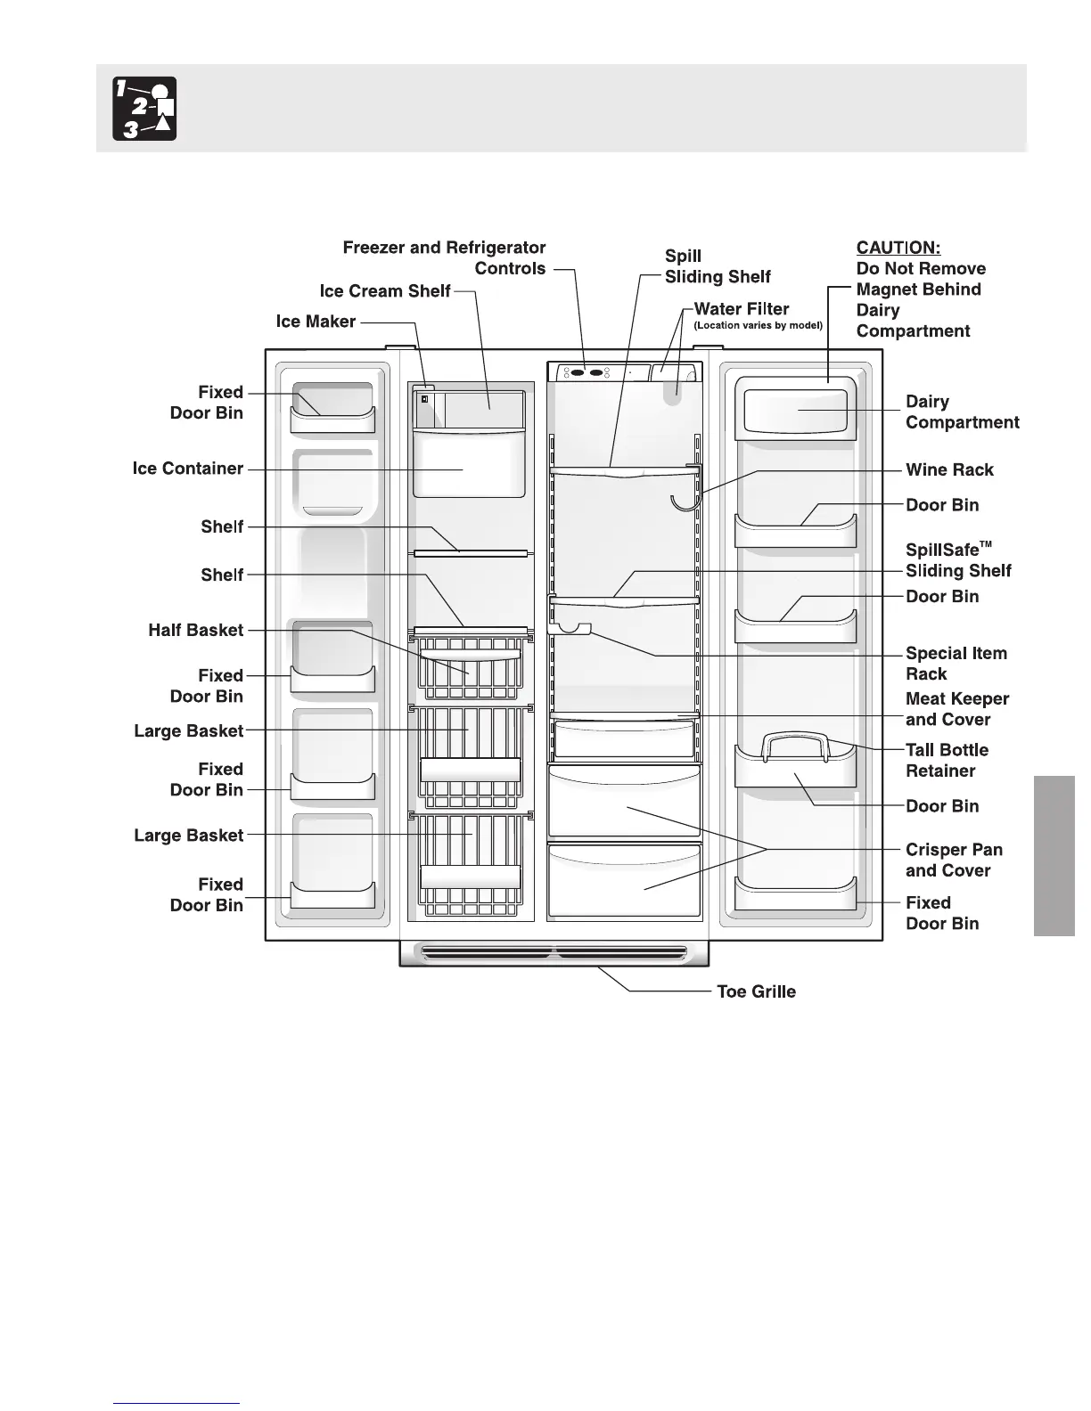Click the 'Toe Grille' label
[x=756, y=991]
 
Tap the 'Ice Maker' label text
[x=316, y=322]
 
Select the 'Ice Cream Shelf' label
[x=385, y=291]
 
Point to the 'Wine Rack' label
[x=949, y=469]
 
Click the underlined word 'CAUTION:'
[x=898, y=248]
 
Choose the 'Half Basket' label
[x=195, y=630]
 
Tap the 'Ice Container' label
[x=187, y=469]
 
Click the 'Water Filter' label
[x=742, y=309]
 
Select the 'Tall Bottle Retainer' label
[x=947, y=760]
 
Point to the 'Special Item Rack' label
[x=956, y=664]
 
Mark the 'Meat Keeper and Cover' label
[x=957, y=709]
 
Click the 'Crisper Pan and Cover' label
[x=954, y=860]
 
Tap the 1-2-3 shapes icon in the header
[x=144, y=109]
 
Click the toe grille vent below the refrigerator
[x=554, y=953]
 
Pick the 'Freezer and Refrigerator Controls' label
[x=444, y=258]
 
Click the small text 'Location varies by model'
[x=758, y=326]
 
